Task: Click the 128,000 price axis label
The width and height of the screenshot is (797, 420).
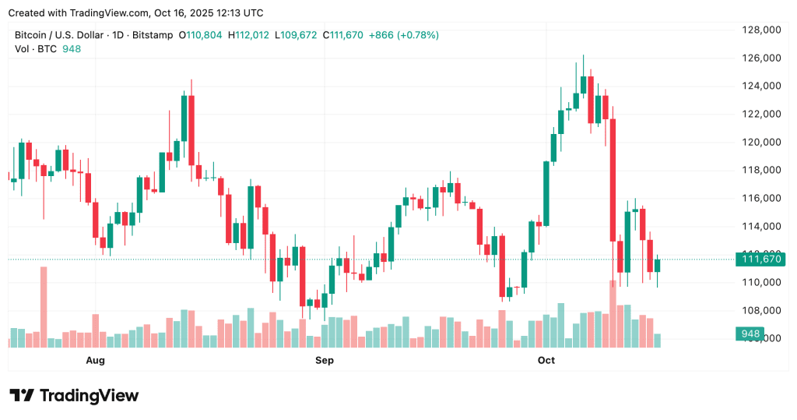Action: (x=761, y=30)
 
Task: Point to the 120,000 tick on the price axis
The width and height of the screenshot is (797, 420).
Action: (x=761, y=143)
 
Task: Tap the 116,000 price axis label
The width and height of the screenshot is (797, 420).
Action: (x=761, y=199)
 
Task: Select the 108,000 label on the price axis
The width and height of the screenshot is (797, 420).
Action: (x=761, y=311)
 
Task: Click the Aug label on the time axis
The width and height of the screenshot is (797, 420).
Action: (x=95, y=361)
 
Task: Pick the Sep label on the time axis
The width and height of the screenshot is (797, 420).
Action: (x=325, y=361)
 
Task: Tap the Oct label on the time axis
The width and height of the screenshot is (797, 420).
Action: (x=546, y=361)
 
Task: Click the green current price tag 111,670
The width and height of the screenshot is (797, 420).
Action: (x=761, y=259)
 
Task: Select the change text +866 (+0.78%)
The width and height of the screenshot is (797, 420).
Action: (x=404, y=35)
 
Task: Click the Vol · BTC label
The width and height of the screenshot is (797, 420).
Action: (x=36, y=49)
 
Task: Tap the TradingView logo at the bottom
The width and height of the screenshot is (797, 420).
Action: (x=75, y=396)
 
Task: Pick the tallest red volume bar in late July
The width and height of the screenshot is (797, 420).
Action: (x=44, y=306)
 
